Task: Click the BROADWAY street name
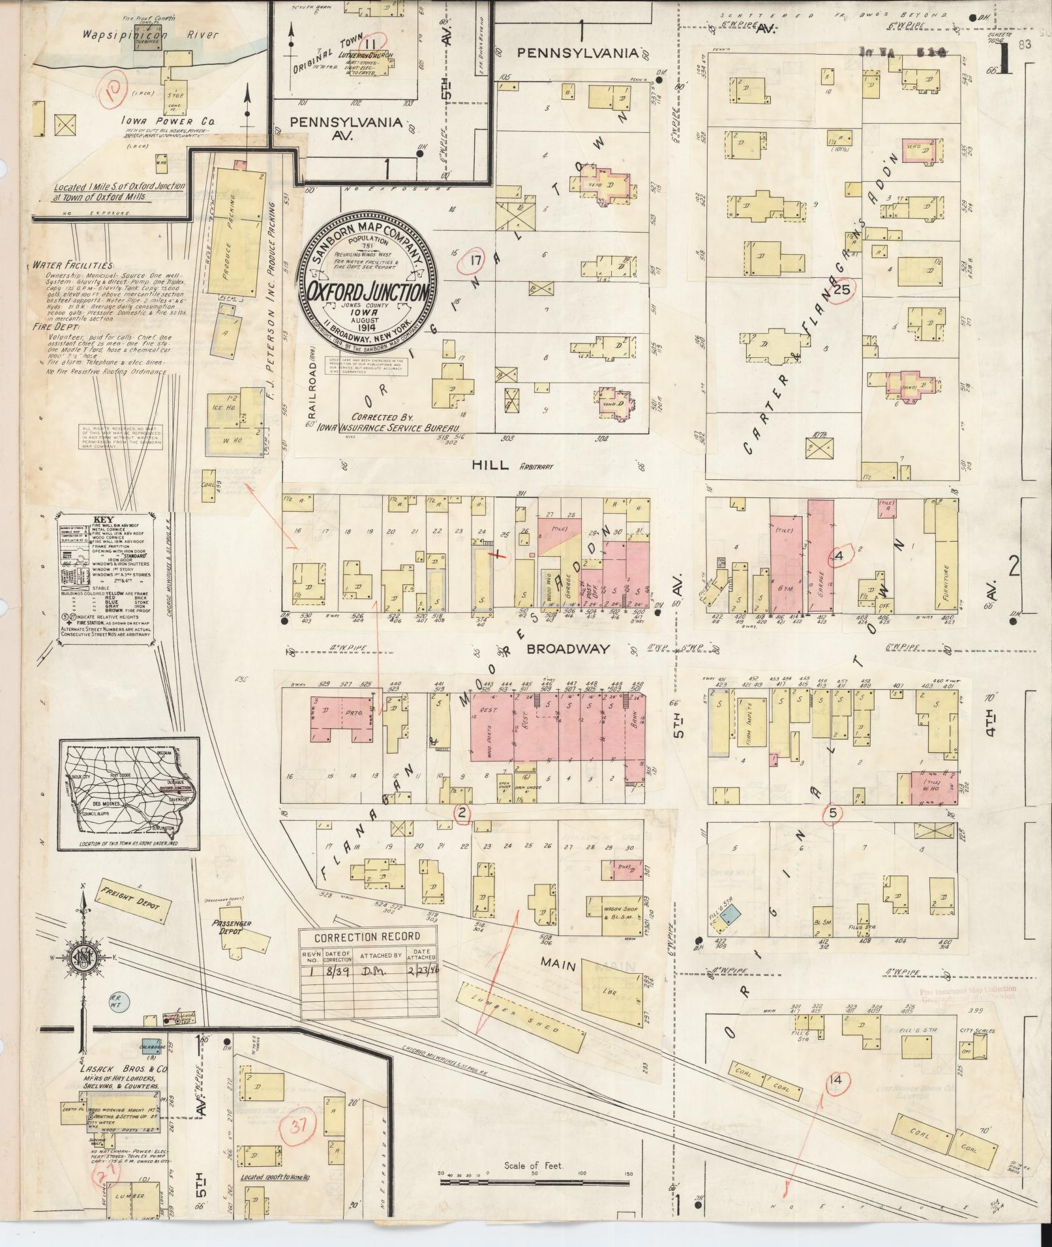coord(567,649)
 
